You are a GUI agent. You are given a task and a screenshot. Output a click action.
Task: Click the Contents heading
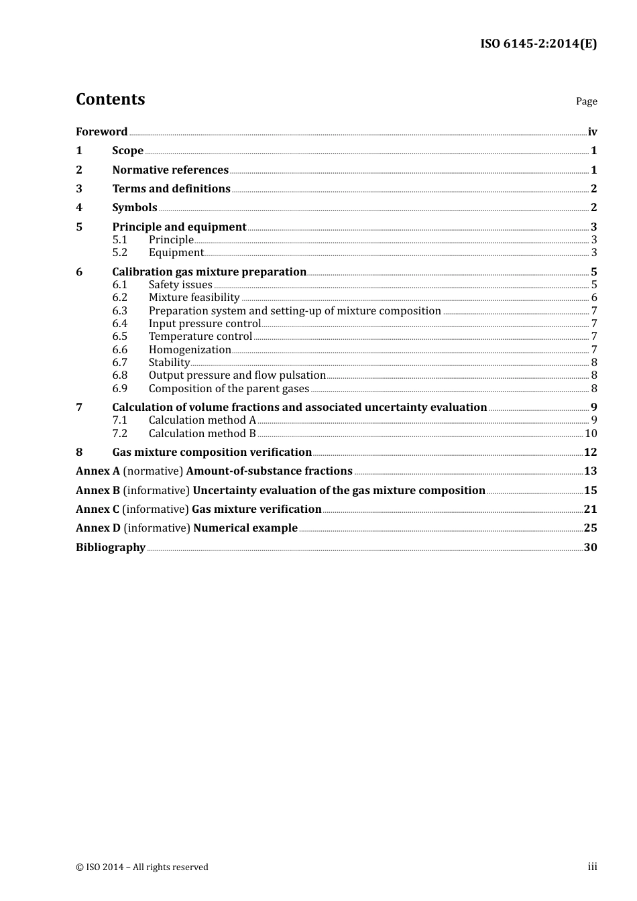point(110,99)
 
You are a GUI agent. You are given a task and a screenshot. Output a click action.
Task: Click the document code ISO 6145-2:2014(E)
point(538,44)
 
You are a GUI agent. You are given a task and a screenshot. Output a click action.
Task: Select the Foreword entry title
point(101,132)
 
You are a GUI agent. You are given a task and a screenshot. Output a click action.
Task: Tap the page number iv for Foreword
point(592,132)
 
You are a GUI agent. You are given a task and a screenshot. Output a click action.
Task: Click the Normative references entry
point(170,170)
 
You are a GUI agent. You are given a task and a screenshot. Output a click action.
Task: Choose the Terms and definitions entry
point(171,189)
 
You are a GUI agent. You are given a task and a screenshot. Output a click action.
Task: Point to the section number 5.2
point(119,253)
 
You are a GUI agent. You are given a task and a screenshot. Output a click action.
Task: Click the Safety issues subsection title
point(180,285)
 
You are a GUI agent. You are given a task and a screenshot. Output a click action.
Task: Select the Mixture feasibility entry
point(194,298)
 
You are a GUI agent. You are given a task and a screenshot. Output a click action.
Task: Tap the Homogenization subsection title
point(190,350)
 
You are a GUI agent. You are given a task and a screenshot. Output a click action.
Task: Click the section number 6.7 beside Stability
point(119,363)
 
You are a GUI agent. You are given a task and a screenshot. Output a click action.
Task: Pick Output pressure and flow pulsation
point(237,375)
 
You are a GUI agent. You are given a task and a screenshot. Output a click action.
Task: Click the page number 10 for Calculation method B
point(591,434)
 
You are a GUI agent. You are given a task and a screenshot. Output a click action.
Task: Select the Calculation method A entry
point(202,420)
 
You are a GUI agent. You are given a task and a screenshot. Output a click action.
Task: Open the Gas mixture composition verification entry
point(212,453)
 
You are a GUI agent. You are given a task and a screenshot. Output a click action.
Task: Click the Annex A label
point(98,471)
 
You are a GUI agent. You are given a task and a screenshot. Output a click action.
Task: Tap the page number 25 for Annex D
point(590,528)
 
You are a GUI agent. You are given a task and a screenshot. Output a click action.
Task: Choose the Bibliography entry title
point(111,548)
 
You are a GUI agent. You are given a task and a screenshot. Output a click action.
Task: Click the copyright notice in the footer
point(142,867)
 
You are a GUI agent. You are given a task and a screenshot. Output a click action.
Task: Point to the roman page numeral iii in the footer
point(592,867)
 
